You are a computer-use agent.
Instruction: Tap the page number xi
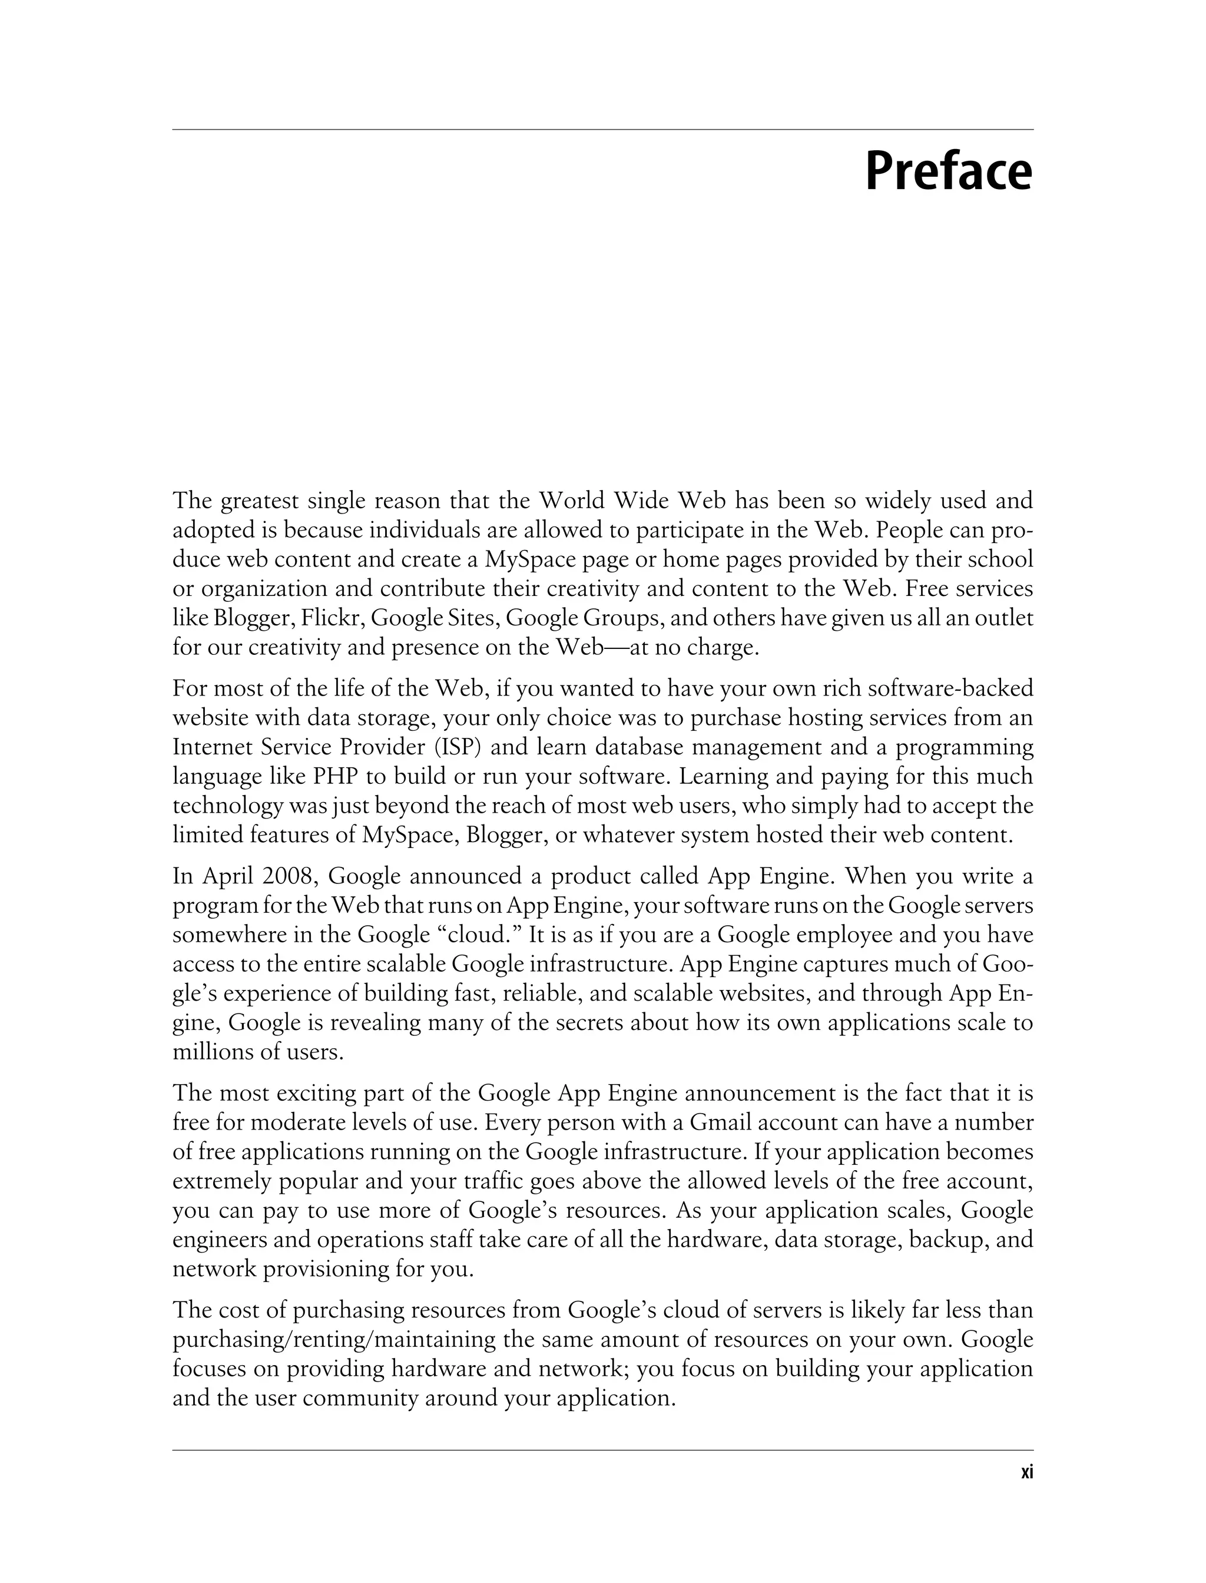pos(1026,1472)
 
